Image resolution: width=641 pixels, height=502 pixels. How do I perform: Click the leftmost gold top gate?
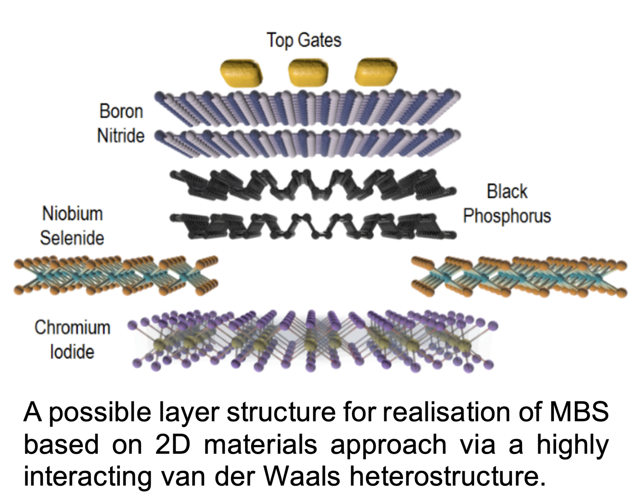(x=241, y=73)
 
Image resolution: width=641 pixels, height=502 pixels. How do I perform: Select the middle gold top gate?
(x=308, y=72)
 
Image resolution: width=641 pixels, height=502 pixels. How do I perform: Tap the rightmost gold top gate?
(x=376, y=71)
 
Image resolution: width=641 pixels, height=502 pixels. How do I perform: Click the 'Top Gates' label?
(x=304, y=40)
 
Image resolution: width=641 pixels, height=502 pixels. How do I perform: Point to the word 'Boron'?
(x=121, y=111)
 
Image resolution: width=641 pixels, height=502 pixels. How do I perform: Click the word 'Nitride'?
(x=121, y=136)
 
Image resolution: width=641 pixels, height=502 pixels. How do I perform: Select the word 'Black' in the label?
(x=507, y=192)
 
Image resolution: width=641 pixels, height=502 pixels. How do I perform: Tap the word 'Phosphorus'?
(x=507, y=216)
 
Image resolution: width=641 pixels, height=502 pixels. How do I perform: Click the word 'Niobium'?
(x=73, y=214)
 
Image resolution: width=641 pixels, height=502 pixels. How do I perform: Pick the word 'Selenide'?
(x=72, y=238)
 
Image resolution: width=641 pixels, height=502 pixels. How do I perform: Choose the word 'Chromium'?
(x=73, y=328)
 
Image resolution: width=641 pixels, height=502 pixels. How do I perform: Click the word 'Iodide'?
(x=72, y=352)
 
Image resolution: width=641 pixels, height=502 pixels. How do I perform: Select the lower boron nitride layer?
(x=307, y=143)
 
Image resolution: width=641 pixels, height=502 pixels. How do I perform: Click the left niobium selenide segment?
(x=115, y=276)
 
